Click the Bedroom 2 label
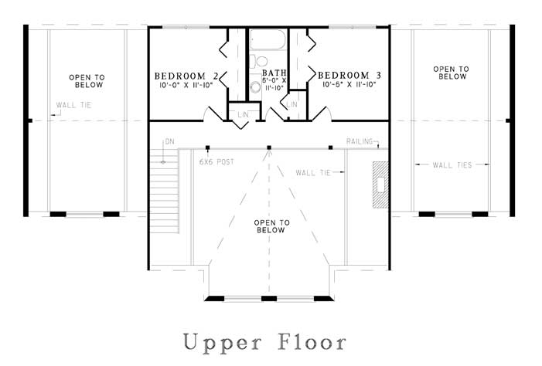(186, 76)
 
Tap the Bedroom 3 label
(349, 75)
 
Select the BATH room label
(274, 73)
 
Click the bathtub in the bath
(268, 39)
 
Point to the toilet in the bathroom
(258, 61)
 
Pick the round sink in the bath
(255, 87)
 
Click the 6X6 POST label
(216, 161)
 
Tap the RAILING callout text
(360, 141)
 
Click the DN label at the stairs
(170, 141)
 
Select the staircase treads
(165, 191)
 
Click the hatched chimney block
(380, 185)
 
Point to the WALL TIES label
(452, 165)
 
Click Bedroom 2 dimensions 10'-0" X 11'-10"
(186, 85)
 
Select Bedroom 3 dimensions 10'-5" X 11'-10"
(349, 84)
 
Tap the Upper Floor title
(264, 342)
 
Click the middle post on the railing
(269, 147)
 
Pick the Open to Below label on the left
(87, 81)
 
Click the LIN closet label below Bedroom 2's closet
(243, 114)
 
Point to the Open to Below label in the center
(271, 226)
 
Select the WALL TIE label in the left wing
(73, 105)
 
